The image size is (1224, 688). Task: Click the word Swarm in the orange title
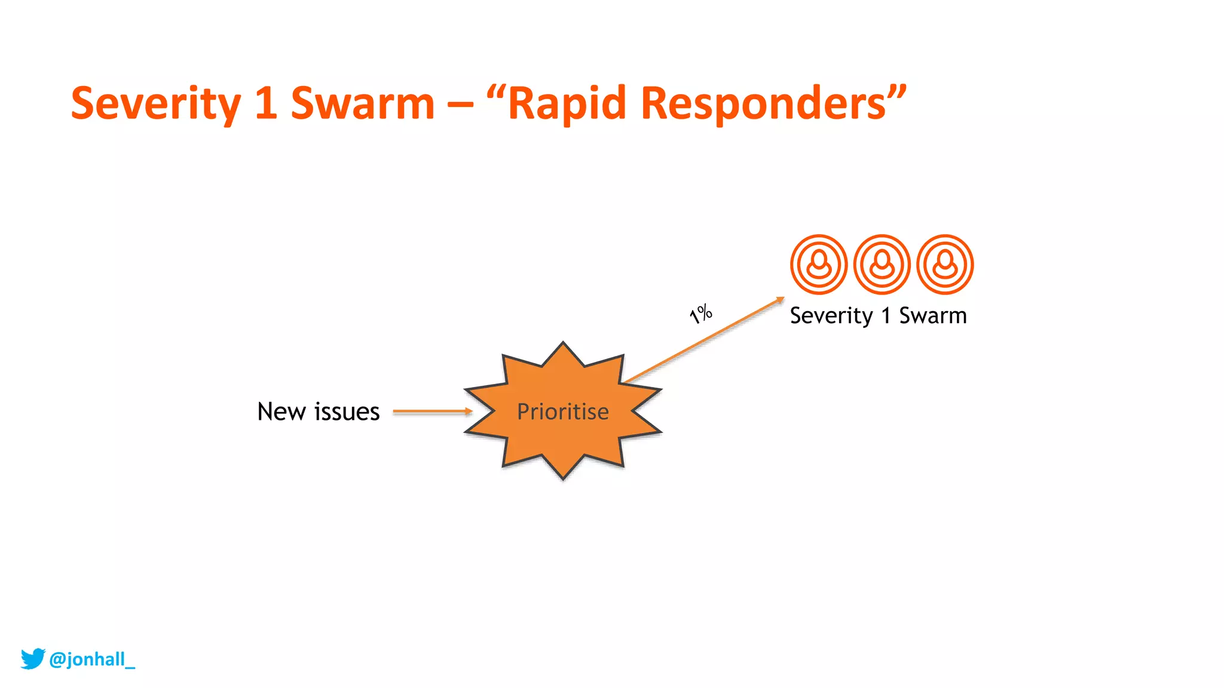click(x=362, y=104)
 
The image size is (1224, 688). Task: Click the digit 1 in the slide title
click(x=265, y=104)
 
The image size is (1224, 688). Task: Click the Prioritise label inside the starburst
click(x=562, y=412)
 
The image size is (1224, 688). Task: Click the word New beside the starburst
click(x=281, y=412)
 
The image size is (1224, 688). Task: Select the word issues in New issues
click(x=347, y=412)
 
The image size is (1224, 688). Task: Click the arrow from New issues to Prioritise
click(x=432, y=411)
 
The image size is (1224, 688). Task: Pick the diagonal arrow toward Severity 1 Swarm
click(x=705, y=339)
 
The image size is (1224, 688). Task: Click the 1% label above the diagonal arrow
click(x=700, y=313)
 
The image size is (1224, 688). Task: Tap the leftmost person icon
click(x=818, y=265)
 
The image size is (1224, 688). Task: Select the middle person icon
click(x=882, y=265)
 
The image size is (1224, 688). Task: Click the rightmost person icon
click(x=945, y=265)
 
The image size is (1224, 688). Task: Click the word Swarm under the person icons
click(x=932, y=315)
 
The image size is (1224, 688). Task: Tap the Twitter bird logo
click(x=33, y=658)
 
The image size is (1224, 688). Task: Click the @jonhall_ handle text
click(x=92, y=659)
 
